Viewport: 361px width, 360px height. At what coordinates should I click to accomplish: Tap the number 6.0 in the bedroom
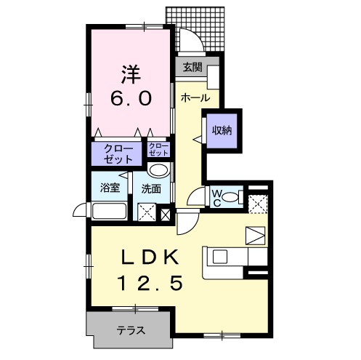131,97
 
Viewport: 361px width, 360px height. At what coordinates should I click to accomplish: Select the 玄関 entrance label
192,69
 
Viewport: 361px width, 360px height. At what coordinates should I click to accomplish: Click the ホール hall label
195,97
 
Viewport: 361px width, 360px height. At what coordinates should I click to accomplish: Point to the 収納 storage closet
222,131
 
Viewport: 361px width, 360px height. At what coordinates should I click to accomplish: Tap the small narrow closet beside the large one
158,151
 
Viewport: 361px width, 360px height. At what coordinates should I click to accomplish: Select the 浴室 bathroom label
110,187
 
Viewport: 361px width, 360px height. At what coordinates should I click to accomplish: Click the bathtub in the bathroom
109,212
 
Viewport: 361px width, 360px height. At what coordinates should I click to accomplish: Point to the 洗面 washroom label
151,188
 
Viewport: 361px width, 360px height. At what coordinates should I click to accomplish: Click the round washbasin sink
158,171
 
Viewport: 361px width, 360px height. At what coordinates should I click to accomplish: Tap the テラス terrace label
131,330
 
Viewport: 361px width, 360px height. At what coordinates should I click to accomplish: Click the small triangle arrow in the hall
196,138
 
